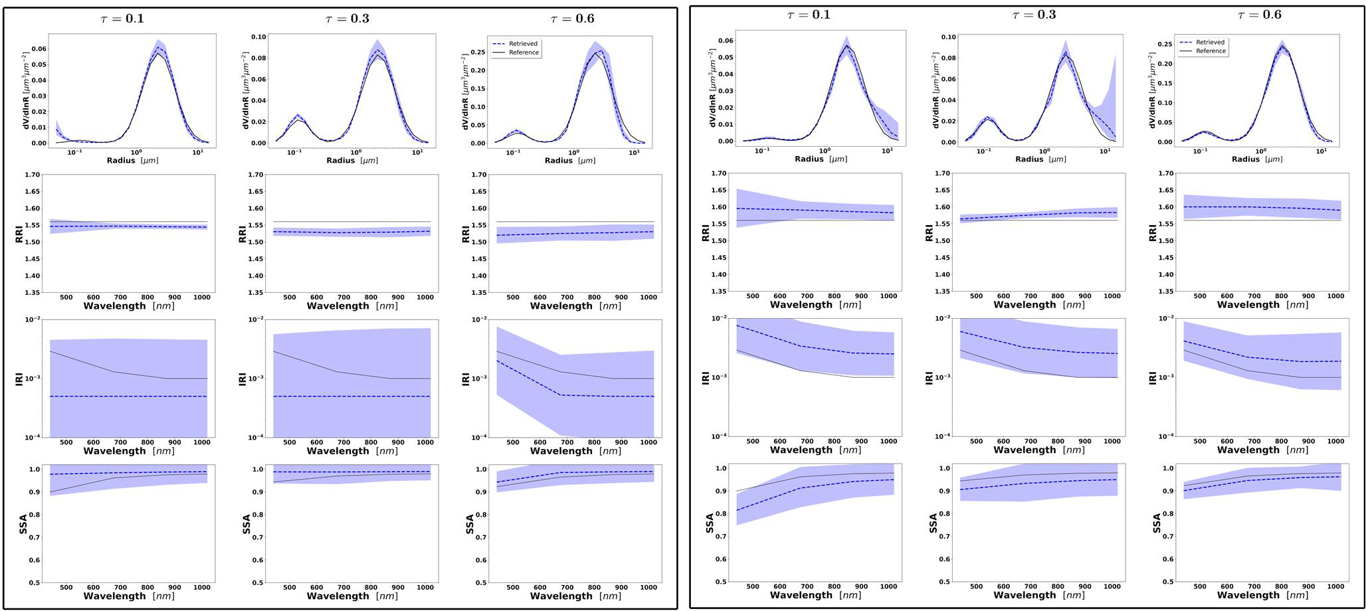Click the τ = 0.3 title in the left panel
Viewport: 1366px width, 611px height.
pos(347,19)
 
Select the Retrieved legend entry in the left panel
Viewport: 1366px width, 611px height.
pos(523,44)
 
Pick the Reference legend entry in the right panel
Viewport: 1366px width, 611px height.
pos(1211,51)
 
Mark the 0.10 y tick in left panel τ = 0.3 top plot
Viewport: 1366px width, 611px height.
pos(257,37)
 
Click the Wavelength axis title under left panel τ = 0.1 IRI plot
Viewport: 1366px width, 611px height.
pos(129,451)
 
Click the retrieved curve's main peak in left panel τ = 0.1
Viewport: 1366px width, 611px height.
pos(158,48)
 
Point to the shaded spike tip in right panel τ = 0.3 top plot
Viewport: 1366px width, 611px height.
pos(1114,55)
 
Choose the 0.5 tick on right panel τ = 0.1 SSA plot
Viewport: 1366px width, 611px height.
pos(722,582)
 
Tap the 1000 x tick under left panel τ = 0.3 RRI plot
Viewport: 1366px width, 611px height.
pos(425,298)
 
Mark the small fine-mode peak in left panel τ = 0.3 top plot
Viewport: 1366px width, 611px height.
pos(297,116)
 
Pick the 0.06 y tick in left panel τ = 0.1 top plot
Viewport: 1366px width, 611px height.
pos(37,49)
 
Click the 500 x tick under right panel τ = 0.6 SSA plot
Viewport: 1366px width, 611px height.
pos(1199,586)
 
